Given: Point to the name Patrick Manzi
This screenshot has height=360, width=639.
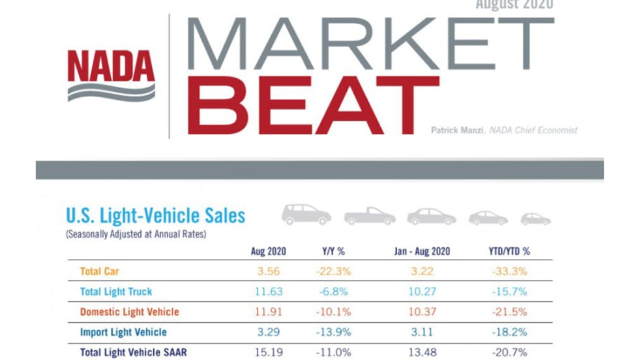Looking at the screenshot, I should (458, 130).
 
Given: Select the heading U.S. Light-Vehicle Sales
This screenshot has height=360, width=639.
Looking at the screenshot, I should (155, 215).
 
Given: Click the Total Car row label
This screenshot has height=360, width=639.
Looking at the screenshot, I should (99, 271).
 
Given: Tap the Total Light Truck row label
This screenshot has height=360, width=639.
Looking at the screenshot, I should (116, 292).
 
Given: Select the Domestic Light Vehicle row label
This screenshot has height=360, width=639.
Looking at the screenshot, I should (129, 312).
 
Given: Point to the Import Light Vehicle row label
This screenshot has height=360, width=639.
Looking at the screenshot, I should (123, 332).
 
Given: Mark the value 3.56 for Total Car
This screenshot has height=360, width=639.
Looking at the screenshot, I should (268, 271).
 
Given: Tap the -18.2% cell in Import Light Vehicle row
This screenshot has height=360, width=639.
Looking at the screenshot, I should (509, 332).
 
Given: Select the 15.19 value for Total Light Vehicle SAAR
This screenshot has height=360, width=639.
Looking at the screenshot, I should (268, 352).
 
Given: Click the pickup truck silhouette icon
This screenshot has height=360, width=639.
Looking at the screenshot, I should (370, 216).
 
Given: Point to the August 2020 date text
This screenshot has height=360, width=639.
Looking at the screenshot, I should (514, 5).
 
